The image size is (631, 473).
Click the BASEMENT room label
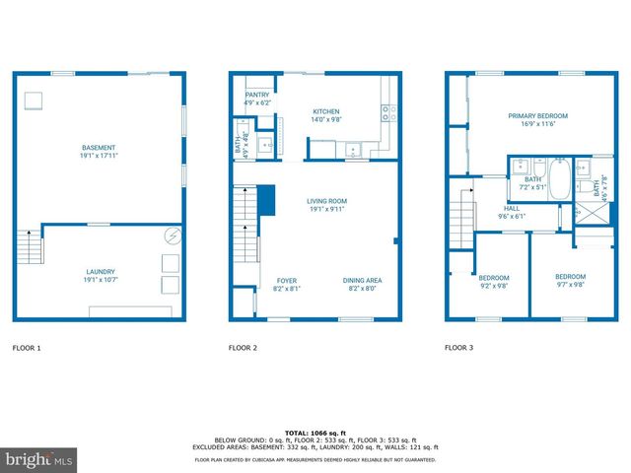click(x=99, y=148)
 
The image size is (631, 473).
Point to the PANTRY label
click(x=256, y=95)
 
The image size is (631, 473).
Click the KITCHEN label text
click(x=326, y=112)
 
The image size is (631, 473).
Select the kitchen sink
click(x=350, y=149)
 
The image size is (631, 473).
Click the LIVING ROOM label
click(x=326, y=201)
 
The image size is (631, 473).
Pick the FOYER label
click(x=286, y=280)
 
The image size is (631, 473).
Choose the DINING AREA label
click(x=362, y=280)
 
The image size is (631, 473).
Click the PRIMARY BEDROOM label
click(x=537, y=116)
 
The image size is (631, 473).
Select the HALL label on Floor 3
click(x=512, y=208)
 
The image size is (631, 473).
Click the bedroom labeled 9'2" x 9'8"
click(x=492, y=281)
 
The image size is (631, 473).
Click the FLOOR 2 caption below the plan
click(x=243, y=348)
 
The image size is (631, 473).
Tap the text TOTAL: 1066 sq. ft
click(x=315, y=433)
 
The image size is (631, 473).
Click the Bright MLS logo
click(x=39, y=459)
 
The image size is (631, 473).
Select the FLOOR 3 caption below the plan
click(x=458, y=348)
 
